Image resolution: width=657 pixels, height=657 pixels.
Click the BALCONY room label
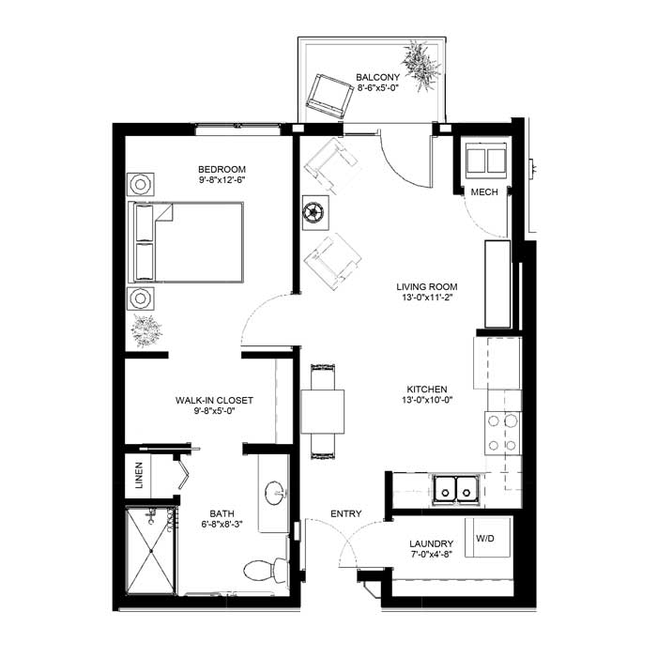click(377, 78)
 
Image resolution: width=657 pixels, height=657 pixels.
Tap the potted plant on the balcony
click(420, 66)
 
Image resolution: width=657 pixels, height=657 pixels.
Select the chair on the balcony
click(329, 97)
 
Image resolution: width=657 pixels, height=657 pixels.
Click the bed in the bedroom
click(186, 242)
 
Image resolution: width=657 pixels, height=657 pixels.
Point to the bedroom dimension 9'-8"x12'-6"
click(222, 180)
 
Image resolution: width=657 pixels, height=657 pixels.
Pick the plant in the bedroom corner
click(145, 330)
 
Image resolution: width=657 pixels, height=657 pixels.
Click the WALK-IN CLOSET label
click(214, 400)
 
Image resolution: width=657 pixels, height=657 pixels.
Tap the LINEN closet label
click(139, 475)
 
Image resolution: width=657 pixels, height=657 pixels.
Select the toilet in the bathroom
click(266, 570)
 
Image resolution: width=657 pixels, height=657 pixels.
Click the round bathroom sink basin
click(275, 493)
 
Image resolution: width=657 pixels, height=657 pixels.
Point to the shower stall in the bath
click(151, 550)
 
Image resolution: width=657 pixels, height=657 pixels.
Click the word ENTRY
click(346, 513)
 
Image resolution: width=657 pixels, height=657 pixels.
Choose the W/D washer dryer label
click(485, 539)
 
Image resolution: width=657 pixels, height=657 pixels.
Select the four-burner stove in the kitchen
click(503, 434)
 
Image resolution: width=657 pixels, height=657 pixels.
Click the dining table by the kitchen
click(323, 411)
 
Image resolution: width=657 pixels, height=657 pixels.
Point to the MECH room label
click(484, 192)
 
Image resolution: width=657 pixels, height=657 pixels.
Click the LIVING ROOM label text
click(427, 287)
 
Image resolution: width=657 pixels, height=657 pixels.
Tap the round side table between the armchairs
click(315, 212)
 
